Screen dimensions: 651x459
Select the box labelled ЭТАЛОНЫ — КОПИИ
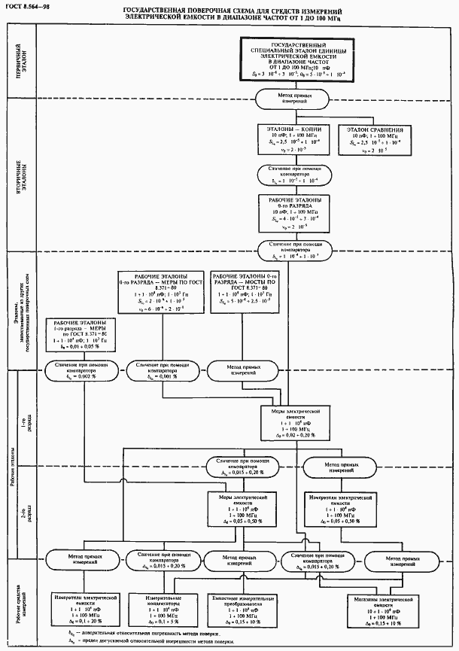pyautogui.click(x=289, y=140)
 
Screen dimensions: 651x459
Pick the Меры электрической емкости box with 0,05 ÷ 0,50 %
pyautogui.click(x=239, y=510)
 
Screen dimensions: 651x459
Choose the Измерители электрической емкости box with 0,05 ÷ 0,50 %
pyautogui.click(x=342, y=510)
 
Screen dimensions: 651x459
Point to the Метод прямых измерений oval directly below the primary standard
pyautogui.click(x=288, y=99)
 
